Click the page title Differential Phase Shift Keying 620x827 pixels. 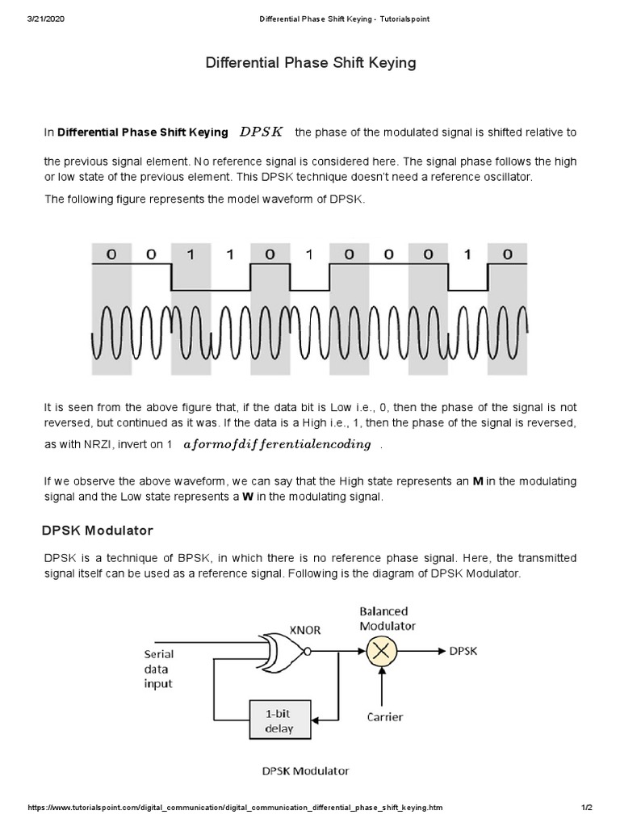pyautogui.click(x=310, y=63)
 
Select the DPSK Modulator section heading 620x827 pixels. pyautogui.click(x=97, y=531)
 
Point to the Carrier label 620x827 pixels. pyautogui.click(x=384, y=716)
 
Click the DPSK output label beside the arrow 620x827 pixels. pyautogui.click(x=463, y=650)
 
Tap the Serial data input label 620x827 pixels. pyautogui.click(x=158, y=669)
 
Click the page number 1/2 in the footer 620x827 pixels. pyautogui.click(x=586, y=808)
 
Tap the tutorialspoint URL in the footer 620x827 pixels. pyautogui.click(x=235, y=808)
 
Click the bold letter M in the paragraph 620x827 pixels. pyautogui.click(x=477, y=481)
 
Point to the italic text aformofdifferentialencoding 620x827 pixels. pyautogui.click(x=278, y=444)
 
